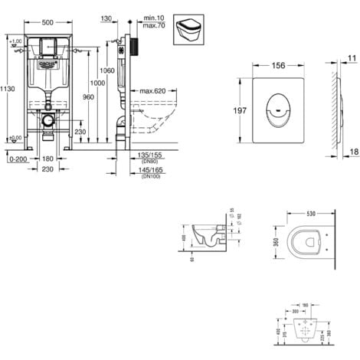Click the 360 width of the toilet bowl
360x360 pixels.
tap(273, 241)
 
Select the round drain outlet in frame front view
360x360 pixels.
tap(47, 121)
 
